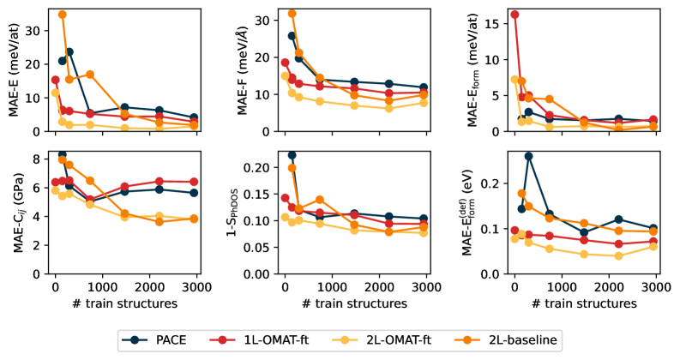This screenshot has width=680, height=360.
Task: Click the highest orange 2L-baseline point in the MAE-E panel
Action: click(x=62, y=15)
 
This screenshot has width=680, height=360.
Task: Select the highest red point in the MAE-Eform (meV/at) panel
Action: click(x=515, y=15)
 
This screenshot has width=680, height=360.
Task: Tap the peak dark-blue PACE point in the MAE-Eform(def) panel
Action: click(x=528, y=156)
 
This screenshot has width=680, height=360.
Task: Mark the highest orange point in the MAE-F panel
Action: click(x=292, y=14)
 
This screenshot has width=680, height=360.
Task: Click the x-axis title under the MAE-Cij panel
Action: click(x=127, y=303)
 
